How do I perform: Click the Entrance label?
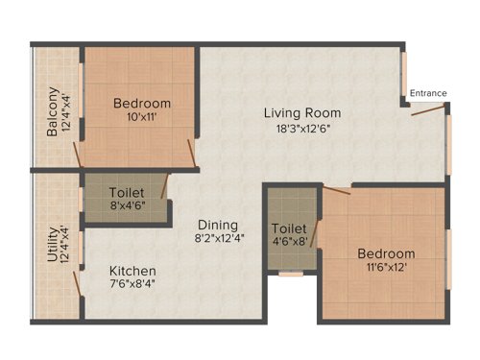click(x=428, y=93)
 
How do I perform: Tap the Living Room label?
click(x=302, y=112)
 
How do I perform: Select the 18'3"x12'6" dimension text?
click(x=303, y=128)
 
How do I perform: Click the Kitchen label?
click(x=132, y=272)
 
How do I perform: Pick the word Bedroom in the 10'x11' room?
click(x=142, y=104)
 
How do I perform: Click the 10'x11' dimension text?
click(x=142, y=118)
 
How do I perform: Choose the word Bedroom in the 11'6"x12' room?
click(x=387, y=253)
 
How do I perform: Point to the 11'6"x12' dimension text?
click(x=387, y=269)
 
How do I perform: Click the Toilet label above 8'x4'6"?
click(x=127, y=192)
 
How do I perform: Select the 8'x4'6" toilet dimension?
click(x=127, y=205)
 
